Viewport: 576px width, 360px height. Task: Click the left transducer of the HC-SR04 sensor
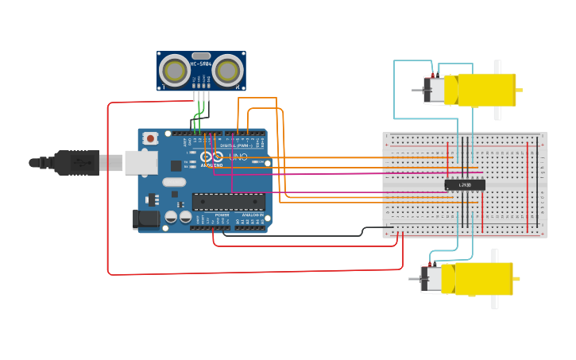click(x=175, y=71)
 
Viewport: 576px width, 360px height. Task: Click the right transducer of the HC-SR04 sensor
click(x=227, y=71)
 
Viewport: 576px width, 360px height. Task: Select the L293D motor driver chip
click(x=465, y=185)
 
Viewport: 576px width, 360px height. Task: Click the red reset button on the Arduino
click(x=149, y=138)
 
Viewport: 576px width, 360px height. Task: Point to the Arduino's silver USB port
click(x=141, y=163)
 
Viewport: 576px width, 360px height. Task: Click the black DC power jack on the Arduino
click(x=145, y=219)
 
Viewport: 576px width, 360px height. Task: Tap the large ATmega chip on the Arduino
click(x=228, y=202)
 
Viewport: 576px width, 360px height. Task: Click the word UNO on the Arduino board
click(x=238, y=157)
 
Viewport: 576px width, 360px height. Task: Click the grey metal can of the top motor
click(x=434, y=90)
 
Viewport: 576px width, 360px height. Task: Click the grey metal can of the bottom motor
click(x=431, y=279)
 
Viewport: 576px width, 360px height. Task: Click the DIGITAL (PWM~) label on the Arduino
click(x=238, y=145)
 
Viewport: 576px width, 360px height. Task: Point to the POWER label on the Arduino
click(x=222, y=215)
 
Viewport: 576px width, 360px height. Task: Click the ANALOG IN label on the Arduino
click(x=253, y=215)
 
